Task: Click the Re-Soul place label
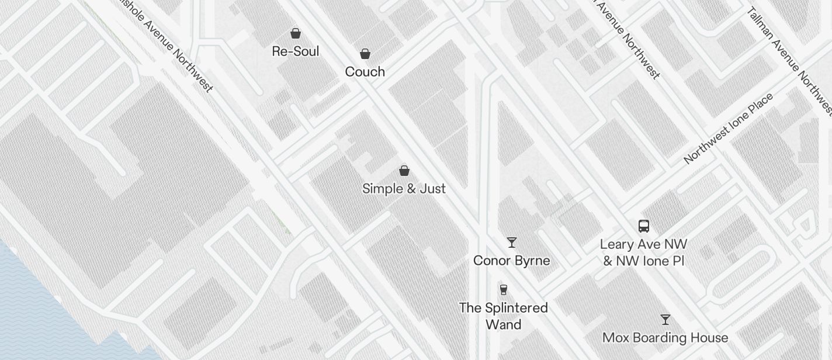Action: (x=296, y=51)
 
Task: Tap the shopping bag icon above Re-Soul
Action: (x=296, y=33)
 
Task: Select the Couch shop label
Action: (x=365, y=72)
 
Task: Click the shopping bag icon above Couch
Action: (x=365, y=54)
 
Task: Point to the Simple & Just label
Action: (x=404, y=189)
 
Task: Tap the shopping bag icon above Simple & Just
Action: (x=404, y=171)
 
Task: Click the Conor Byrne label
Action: (x=511, y=261)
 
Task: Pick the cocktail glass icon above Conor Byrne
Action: (x=512, y=242)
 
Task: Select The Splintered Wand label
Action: (x=503, y=316)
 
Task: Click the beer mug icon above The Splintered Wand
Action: (x=503, y=289)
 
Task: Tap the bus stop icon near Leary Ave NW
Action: (x=643, y=226)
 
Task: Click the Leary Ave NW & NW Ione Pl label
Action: (x=643, y=252)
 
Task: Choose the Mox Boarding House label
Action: (x=665, y=338)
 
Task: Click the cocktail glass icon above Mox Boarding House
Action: (x=665, y=320)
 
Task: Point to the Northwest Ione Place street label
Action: (x=728, y=128)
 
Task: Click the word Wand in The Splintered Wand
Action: (x=503, y=324)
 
